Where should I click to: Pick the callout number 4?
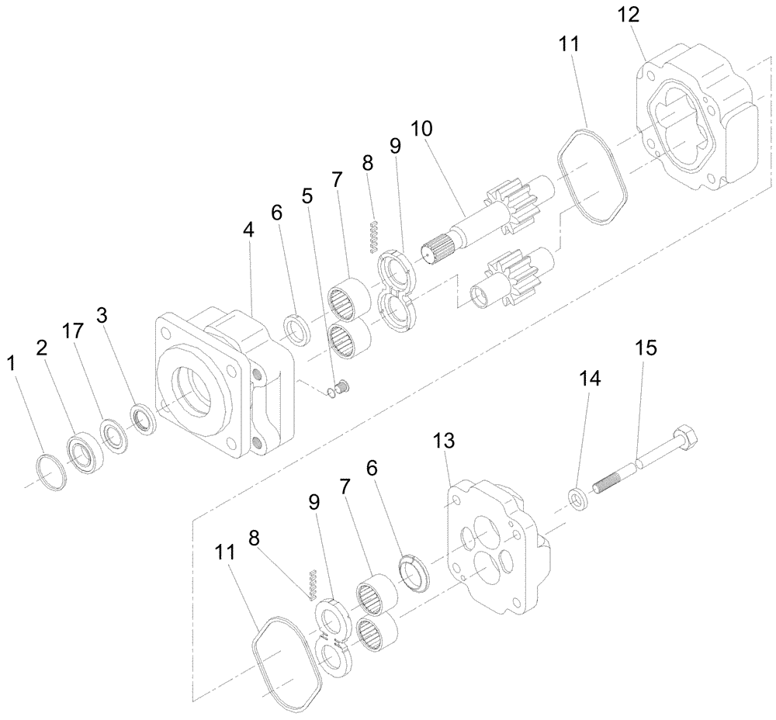coord(248,230)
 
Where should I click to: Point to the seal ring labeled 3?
coord(143,418)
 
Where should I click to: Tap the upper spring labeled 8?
coord(374,237)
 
